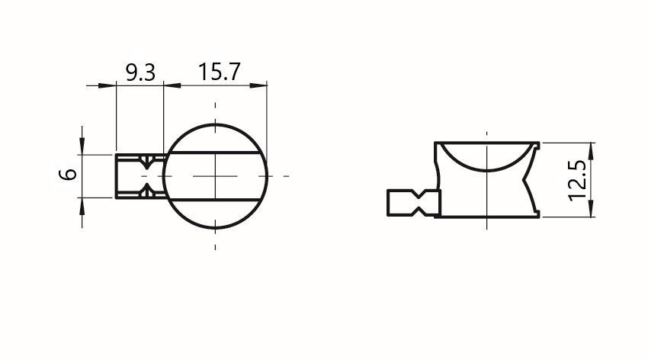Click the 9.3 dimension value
(x=140, y=72)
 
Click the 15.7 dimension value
(x=219, y=72)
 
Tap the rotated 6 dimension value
(x=69, y=174)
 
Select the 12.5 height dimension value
(x=577, y=181)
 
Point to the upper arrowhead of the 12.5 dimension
(x=592, y=150)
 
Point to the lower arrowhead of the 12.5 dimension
(x=592, y=209)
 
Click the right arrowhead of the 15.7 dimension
(x=258, y=85)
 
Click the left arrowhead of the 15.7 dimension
(x=172, y=85)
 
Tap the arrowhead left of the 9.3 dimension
(x=107, y=85)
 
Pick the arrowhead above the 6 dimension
(x=82, y=146)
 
